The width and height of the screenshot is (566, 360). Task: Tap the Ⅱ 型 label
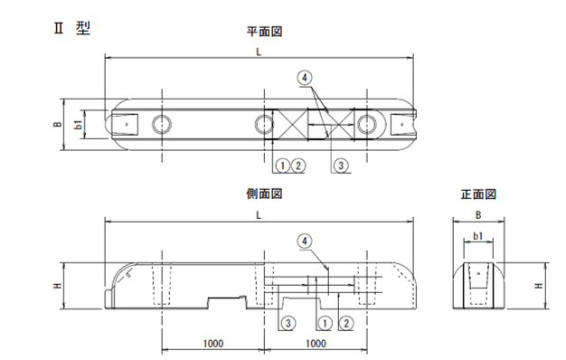(71, 27)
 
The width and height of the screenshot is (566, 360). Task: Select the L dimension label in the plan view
(259, 52)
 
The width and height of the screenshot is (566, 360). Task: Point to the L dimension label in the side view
(259, 214)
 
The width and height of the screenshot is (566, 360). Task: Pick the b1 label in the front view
(477, 237)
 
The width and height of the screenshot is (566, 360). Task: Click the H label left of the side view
(58, 286)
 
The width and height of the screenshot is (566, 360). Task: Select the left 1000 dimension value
(213, 344)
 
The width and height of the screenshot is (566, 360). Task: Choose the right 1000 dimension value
(316, 344)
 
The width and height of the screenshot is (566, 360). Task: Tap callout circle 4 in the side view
(306, 240)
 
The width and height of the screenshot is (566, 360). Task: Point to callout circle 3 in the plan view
(341, 166)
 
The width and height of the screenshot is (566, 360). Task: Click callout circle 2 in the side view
(343, 323)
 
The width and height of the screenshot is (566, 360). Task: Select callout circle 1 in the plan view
(282, 166)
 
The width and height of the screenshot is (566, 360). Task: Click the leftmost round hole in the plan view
(161, 123)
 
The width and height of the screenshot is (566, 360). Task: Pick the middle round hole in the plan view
(262, 123)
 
